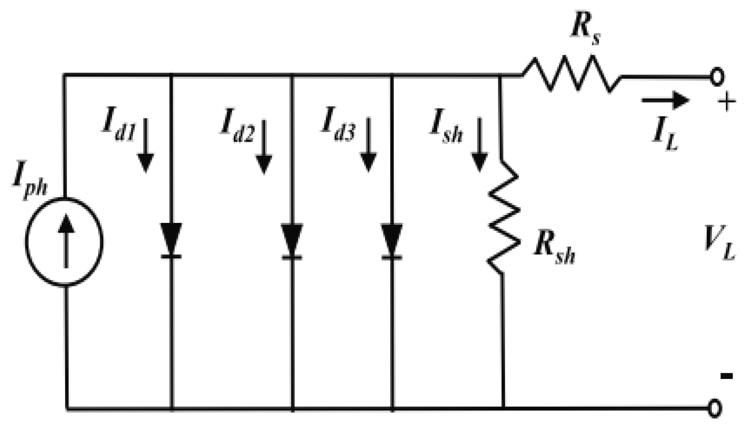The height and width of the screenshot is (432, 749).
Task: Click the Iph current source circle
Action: (x=64, y=241)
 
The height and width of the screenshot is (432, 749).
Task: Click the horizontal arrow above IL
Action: (x=665, y=100)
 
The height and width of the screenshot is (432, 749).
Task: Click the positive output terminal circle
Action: (x=716, y=77)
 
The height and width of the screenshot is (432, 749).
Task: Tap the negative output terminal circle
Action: (x=715, y=408)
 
